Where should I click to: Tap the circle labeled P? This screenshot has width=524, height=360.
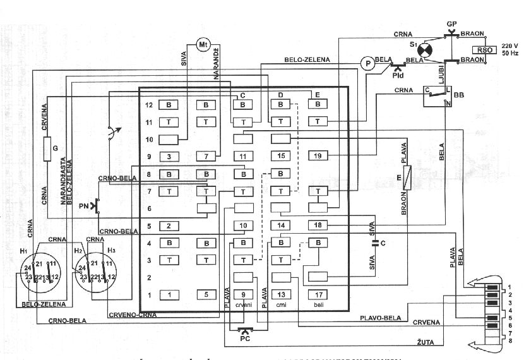(366, 63)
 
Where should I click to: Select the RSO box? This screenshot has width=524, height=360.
(484, 49)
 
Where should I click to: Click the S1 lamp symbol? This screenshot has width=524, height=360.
(426, 49)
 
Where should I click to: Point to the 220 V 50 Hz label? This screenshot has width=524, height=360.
(509, 49)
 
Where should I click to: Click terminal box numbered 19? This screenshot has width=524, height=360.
(318, 155)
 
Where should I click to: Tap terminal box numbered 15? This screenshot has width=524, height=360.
(280, 155)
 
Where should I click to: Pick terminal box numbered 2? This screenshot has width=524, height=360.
(169, 225)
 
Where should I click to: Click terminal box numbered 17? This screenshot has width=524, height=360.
(318, 294)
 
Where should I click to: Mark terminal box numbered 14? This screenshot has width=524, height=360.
(280, 225)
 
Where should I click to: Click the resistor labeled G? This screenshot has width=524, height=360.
(46, 149)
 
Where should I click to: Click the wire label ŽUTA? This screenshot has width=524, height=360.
(424, 342)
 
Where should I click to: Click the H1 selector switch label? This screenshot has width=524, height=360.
(24, 251)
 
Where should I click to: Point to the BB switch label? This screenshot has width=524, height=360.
(458, 95)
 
